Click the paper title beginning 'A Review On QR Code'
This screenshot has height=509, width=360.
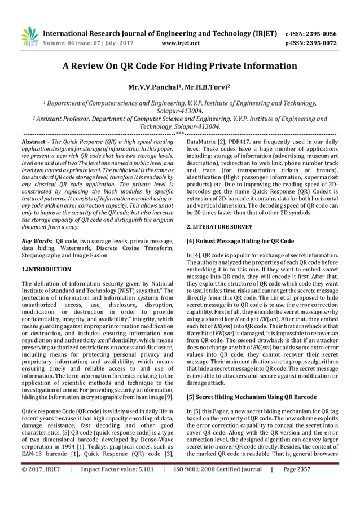(x=179, y=65)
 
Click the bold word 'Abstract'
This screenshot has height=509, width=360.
(x=34, y=139)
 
